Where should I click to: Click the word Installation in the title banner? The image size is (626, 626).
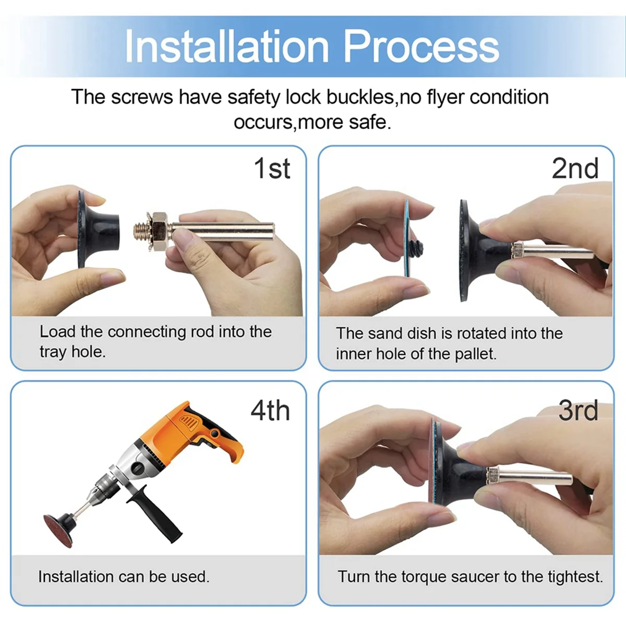tap(227, 46)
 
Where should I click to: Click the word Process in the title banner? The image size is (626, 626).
tap(422, 46)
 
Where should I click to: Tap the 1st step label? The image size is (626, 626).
tap(272, 168)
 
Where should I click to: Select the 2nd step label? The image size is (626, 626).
tap(575, 168)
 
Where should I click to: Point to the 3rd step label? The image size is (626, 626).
tap(578, 411)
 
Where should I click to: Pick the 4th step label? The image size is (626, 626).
tap(270, 411)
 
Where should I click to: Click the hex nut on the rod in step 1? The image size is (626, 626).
tap(159, 231)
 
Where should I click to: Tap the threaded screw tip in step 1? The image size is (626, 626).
tap(140, 231)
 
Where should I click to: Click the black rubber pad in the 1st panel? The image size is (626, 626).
tap(98, 229)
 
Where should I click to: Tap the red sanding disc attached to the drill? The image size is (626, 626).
tap(58, 530)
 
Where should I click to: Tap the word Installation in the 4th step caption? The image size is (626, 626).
tap(76, 577)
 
